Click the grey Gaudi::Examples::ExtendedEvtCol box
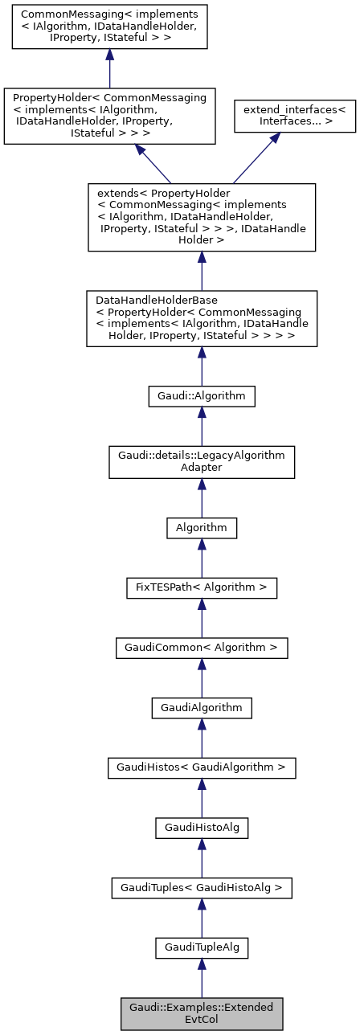tap(201, 1013)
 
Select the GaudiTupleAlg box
tap(201, 948)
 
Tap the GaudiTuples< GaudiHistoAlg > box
tap(201, 888)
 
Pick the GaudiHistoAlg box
tap(201, 828)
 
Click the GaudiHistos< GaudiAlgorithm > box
tap(201, 767)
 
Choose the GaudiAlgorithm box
tap(201, 707)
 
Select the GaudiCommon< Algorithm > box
tap(201, 647)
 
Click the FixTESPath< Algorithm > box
tap(201, 587)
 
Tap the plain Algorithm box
tap(201, 527)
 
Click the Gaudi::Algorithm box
tap(201, 395)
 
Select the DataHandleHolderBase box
tap(201, 319)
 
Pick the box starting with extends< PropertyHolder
tap(201, 217)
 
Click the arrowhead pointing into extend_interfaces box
tap(275, 139)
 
